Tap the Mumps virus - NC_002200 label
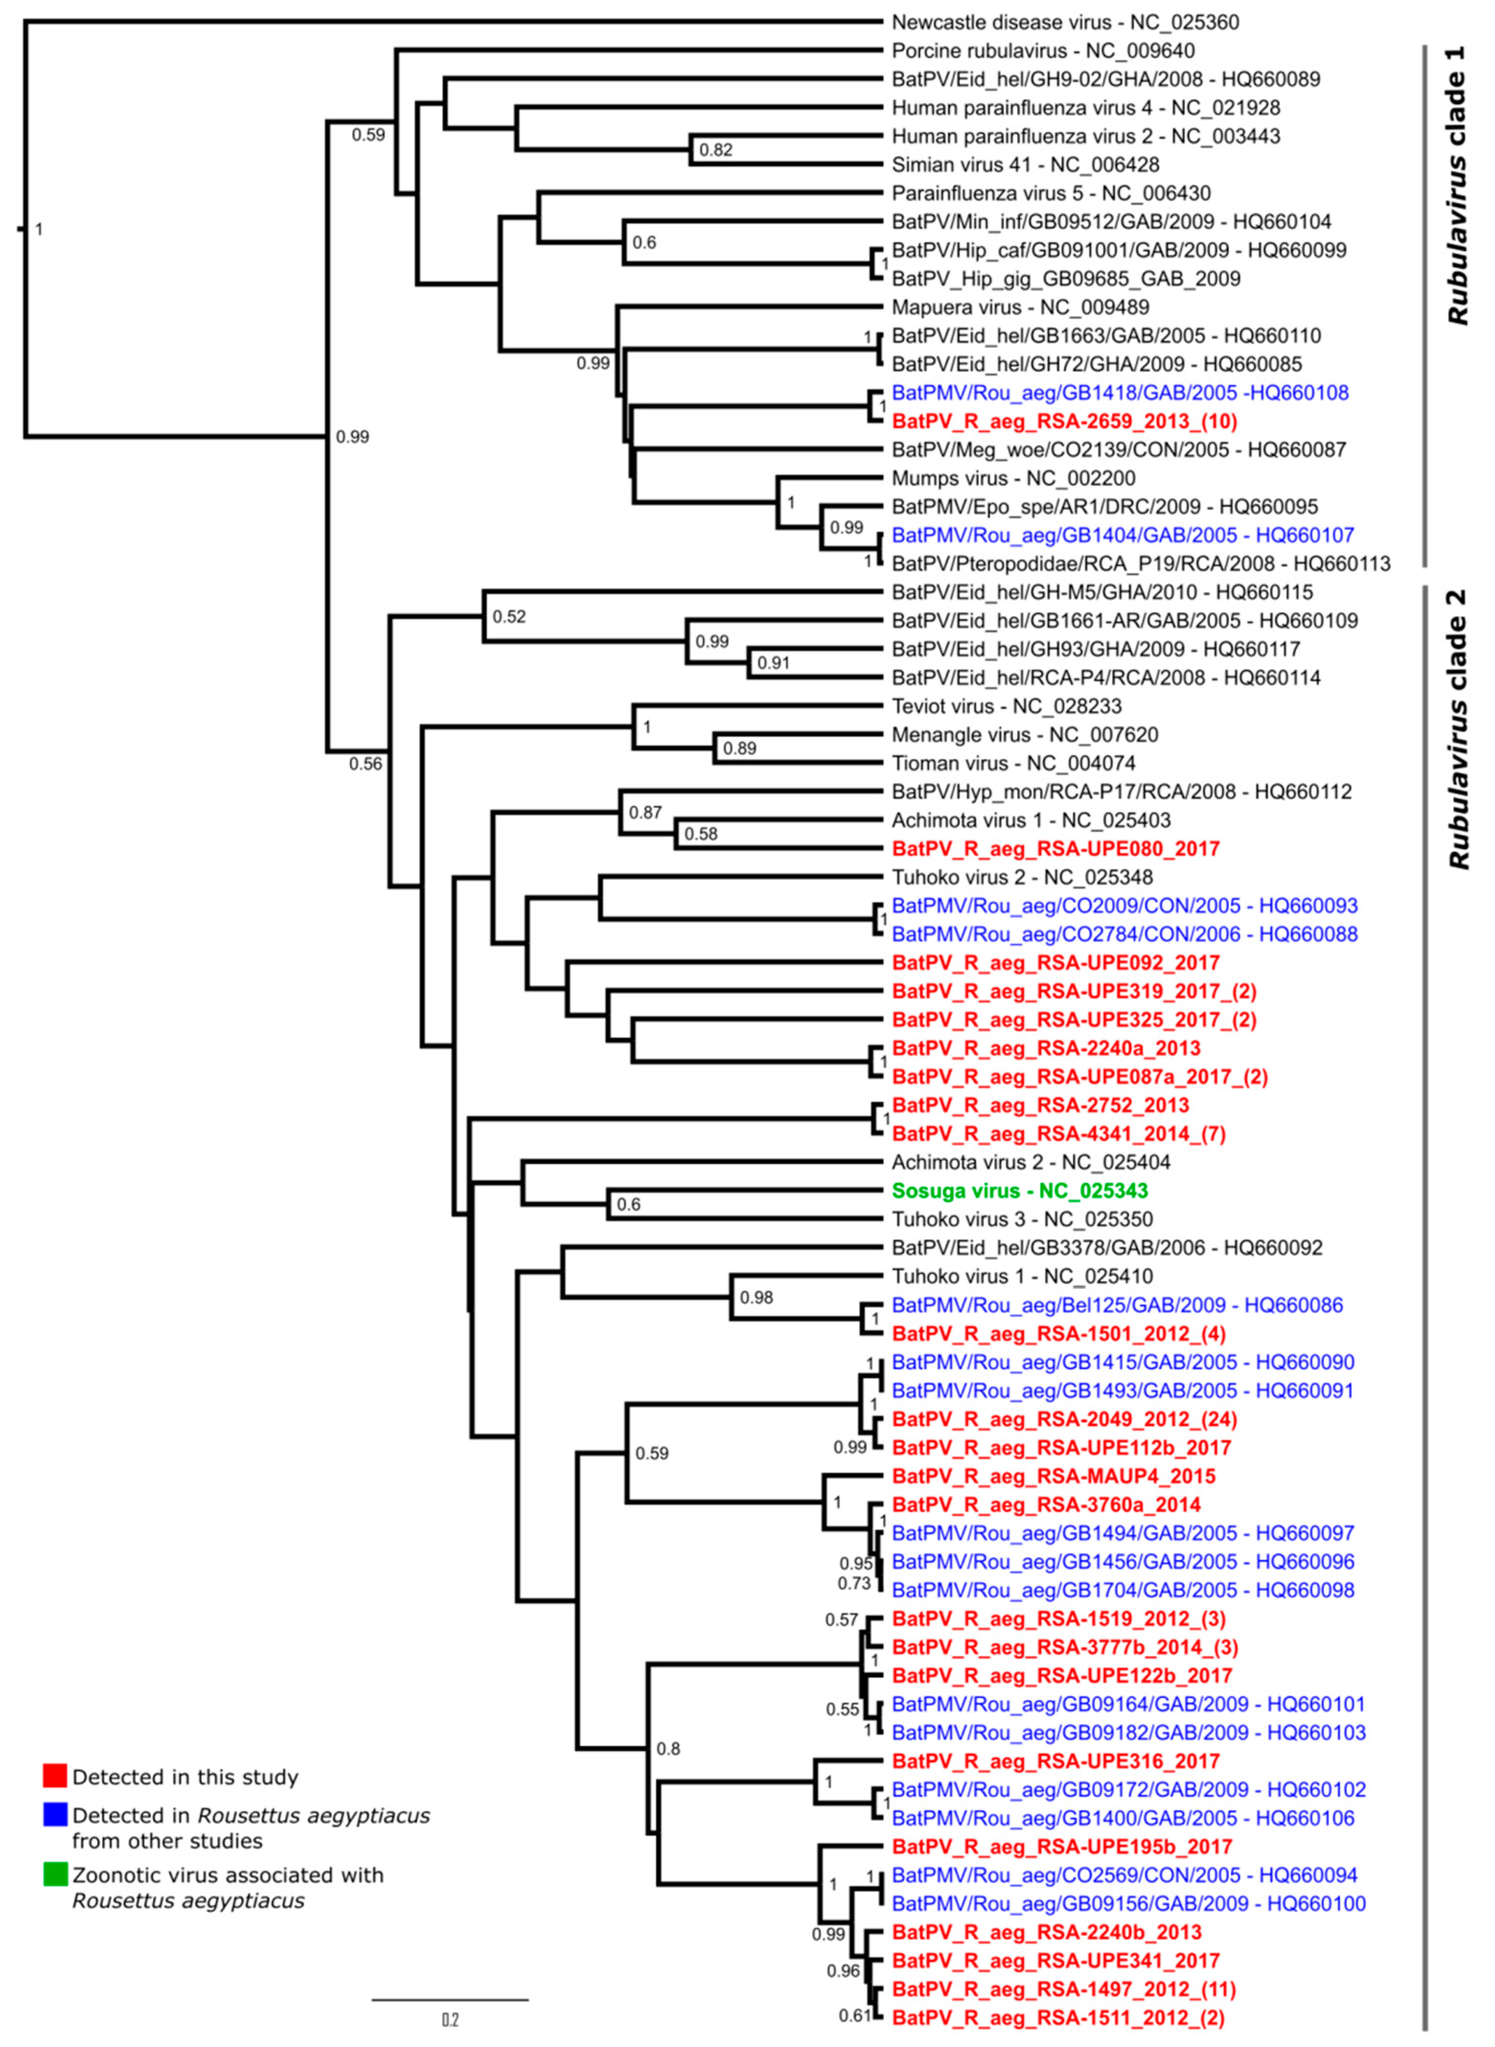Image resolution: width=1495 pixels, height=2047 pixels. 1014,478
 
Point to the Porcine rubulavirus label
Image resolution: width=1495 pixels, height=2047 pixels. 1042,51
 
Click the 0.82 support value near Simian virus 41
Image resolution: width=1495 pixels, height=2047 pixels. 716,150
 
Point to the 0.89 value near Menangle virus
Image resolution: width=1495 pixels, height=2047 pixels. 739,748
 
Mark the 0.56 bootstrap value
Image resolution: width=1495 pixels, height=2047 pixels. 365,763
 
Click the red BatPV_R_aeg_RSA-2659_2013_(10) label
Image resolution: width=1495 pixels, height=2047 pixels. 1064,421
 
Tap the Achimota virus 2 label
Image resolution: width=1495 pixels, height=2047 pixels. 1031,1162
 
